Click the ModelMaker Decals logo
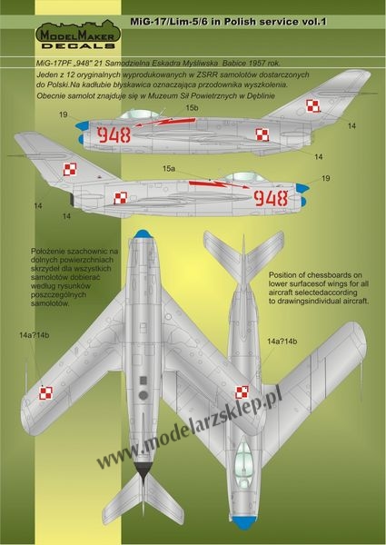point(78,35)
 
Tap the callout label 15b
point(192,108)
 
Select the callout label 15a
point(169,169)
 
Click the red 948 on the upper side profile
point(114,134)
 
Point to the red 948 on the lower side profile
point(271,198)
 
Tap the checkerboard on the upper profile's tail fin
point(312,105)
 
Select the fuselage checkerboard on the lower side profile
point(121,198)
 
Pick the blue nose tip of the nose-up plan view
point(142,234)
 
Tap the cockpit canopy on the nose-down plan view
point(244,461)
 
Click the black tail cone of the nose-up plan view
point(144,471)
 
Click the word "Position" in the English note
point(282,275)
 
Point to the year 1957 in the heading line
point(259,64)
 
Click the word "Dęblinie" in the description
point(262,96)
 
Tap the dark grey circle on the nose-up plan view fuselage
point(144,395)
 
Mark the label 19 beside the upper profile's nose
point(64,114)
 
